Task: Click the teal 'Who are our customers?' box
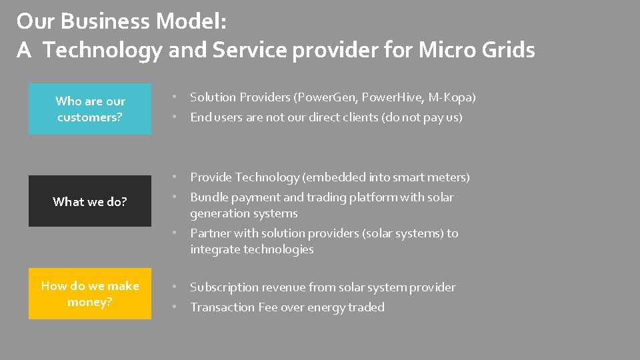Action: pyautogui.click(x=90, y=109)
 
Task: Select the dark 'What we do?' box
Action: pyautogui.click(x=90, y=201)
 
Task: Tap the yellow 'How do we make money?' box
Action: pyautogui.click(x=90, y=293)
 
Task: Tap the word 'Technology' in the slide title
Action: pyautogui.click(x=103, y=49)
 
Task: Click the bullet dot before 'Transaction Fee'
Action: pyautogui.click(x=174, y=307)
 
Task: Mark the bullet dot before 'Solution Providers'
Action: pyautogui.click(x=174, y=97)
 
